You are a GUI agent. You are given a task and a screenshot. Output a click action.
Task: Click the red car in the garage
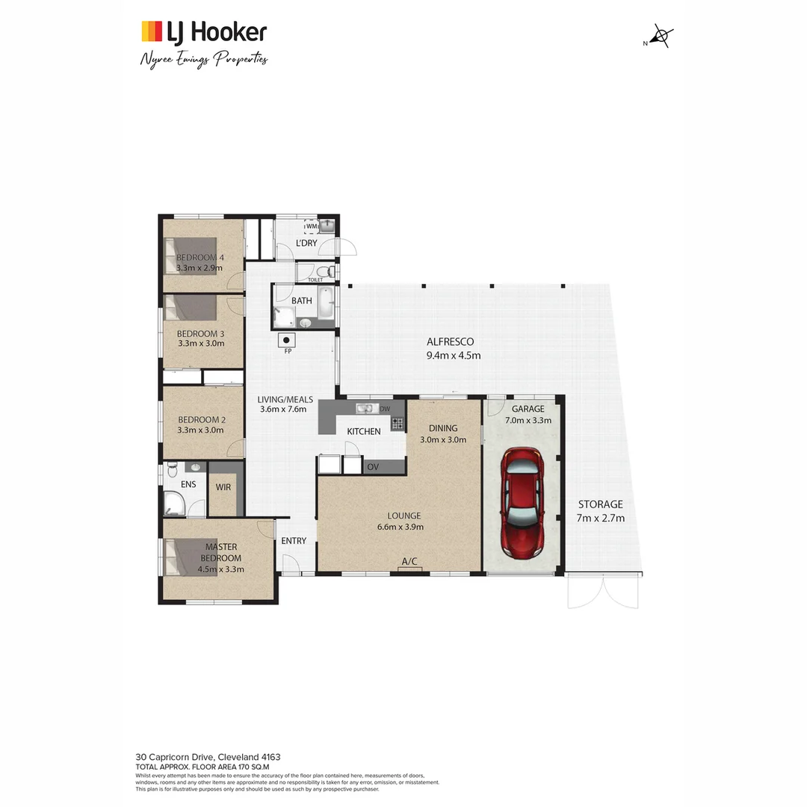tap(522, 503)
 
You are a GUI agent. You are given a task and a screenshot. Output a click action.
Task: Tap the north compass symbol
tap(661, 37)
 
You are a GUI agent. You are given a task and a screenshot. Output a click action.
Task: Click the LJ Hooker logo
tap(204, 31)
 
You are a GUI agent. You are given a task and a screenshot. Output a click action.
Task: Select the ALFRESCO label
tap(451, 341)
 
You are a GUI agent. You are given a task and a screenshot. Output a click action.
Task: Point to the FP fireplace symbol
tap(288, 340)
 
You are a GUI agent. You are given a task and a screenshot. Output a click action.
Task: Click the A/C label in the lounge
tap(409, 561)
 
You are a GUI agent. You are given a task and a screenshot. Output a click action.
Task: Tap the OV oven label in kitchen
tap(372, 467)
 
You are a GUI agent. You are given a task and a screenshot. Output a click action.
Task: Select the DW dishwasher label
tap(385, 409)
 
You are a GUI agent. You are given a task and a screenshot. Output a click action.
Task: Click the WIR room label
tap(223, 486)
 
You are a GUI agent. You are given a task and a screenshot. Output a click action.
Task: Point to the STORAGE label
tap(599, 504)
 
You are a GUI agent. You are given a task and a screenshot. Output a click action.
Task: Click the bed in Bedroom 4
tap(191, 256)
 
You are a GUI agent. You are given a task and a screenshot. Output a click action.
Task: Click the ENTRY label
tap(294, 541)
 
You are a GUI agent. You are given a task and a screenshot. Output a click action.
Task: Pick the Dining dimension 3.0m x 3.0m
tap(443, 439)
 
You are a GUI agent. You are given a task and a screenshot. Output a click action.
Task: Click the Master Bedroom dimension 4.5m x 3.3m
tap(220, 569)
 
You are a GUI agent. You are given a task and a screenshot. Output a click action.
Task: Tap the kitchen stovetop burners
tap(398, 423)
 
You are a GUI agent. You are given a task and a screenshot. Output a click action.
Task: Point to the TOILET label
tap(315, 280)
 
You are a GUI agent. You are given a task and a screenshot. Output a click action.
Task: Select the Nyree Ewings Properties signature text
tap(204, 59)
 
